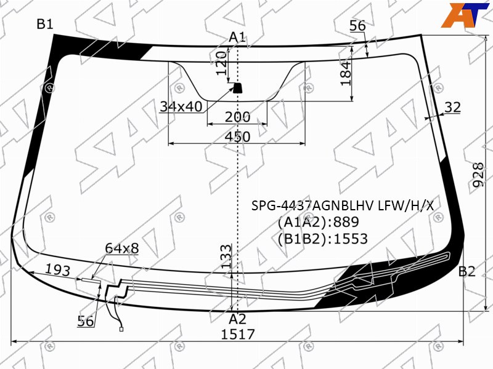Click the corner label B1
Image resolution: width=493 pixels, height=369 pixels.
coord(45,24)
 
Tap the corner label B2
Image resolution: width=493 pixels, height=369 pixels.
coord(467,271)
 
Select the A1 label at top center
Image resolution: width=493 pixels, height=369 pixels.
coord(237,38)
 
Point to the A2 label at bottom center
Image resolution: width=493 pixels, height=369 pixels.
coord(237,319)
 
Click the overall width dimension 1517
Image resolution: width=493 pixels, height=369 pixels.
coord(238,335)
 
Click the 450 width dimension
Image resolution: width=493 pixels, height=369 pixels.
coord(238,137)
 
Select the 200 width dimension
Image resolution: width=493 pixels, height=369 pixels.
coord(238,117)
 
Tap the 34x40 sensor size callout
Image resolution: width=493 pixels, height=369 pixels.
coord(181,106)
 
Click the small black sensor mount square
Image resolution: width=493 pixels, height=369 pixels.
coord(237,88)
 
